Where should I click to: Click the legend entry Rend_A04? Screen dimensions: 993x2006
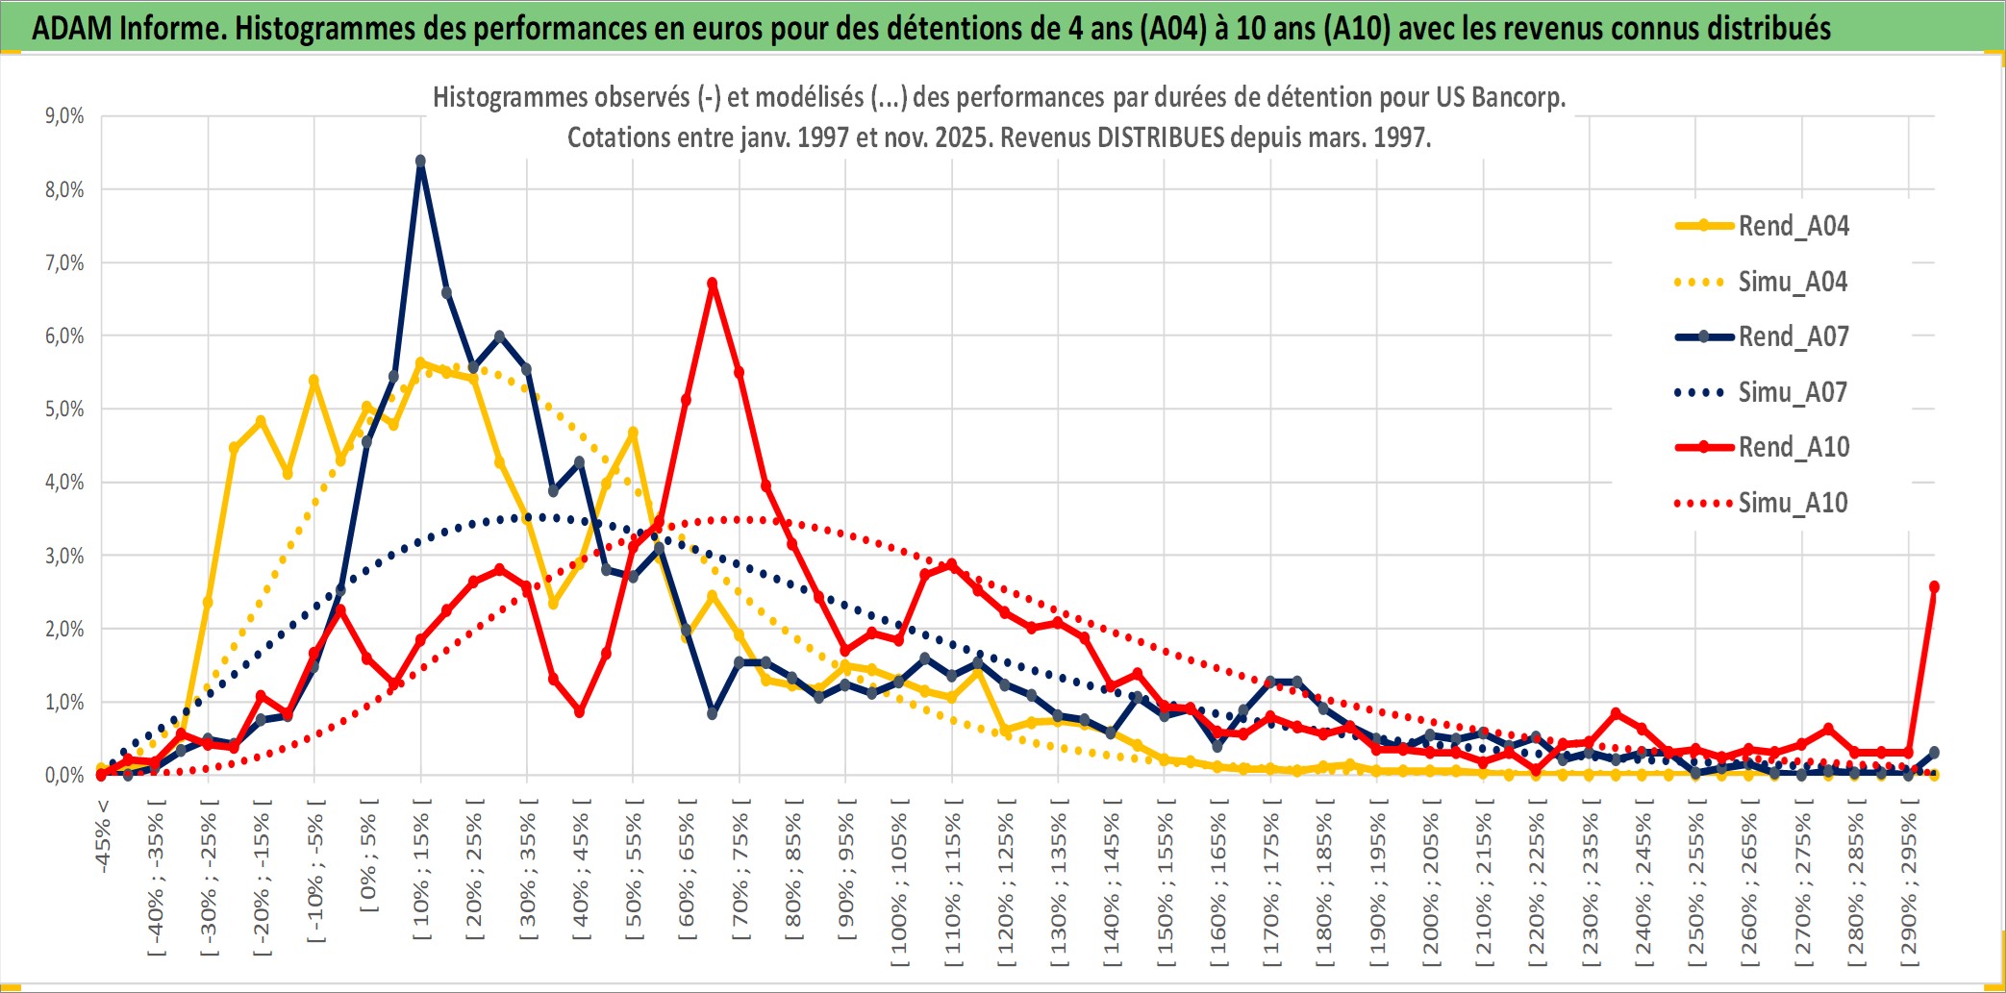coord(1793,226)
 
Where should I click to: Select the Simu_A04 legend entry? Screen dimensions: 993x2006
coord(1793,282)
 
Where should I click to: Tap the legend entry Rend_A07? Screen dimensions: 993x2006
coord(1793,336)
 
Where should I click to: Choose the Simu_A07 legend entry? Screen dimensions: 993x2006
coord(1793,392)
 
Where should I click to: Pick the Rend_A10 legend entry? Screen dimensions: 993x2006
coord(1793,447)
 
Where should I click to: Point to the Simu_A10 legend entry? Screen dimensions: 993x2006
coord(1793,503)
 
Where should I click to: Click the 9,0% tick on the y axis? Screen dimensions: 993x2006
coord(64,116)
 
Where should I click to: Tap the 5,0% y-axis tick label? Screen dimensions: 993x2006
coord(64,410)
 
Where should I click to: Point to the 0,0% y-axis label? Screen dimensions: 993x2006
coord(64,776)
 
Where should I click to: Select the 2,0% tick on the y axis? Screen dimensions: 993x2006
coord(64,630)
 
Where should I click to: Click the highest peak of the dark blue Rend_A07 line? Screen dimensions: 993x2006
coord(420,161)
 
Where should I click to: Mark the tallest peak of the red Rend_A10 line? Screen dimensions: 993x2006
coord(713,284)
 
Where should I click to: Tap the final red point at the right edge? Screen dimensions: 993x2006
coord(1934,586)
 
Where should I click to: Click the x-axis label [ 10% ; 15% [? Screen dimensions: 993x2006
coord(421,875)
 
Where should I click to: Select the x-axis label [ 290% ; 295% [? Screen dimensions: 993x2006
coord(1909,889)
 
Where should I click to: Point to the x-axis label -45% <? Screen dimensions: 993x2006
coord(103,836)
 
